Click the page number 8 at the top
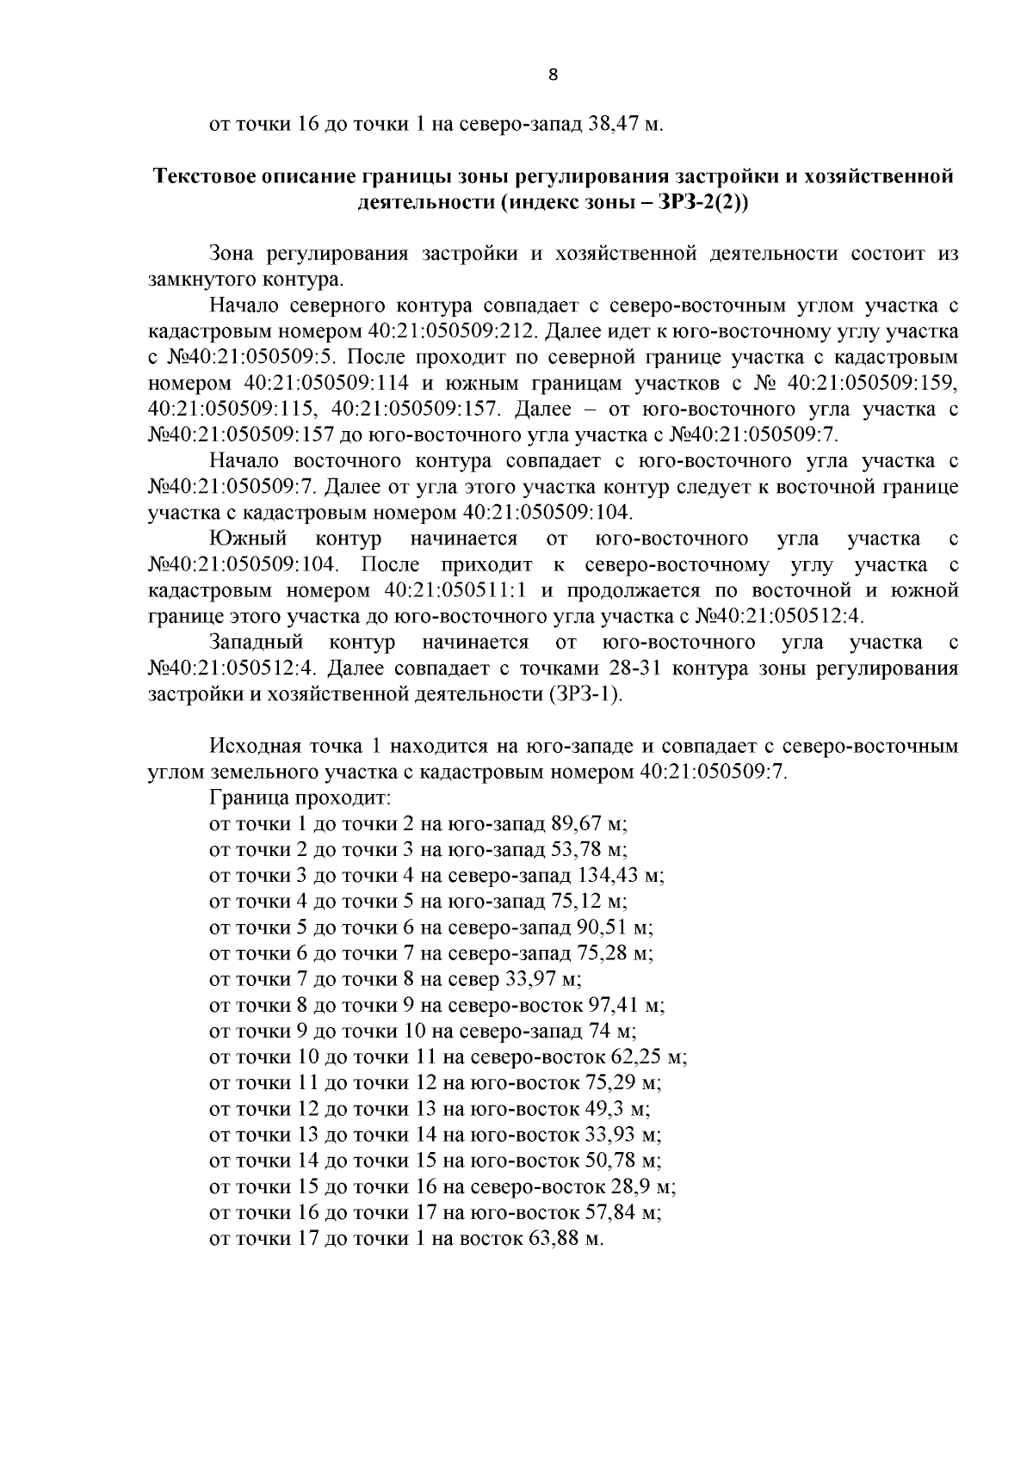tap(553, 75)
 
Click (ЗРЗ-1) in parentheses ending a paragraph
tap(585, 694)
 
